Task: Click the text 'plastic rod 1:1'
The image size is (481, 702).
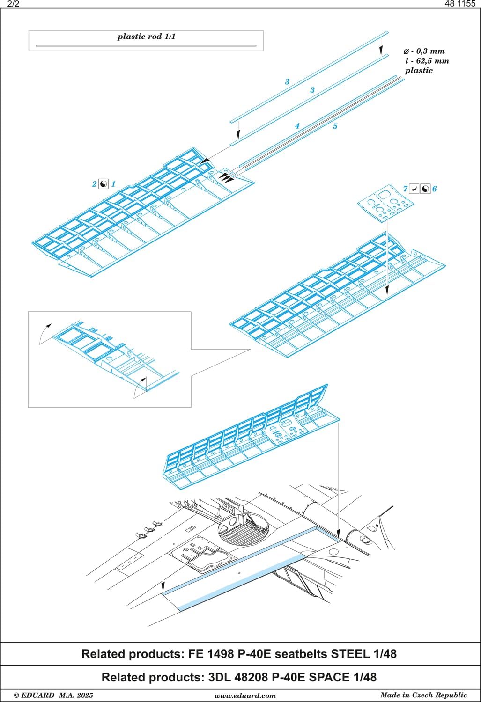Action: (146, 37)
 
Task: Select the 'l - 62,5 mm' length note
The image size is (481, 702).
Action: (427, 61)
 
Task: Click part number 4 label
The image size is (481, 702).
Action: (297, 126)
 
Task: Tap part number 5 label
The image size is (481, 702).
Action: (335, 126)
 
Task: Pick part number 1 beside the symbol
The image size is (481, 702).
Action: (113, 184)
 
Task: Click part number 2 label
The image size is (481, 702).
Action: (94, 184)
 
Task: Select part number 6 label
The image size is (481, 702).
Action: (434, 189)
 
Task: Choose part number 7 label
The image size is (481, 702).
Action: (405, 189)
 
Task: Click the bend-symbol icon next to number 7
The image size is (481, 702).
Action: (414, 189)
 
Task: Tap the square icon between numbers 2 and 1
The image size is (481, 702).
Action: (104, 184)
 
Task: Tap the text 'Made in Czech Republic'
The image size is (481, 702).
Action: (423, 695)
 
